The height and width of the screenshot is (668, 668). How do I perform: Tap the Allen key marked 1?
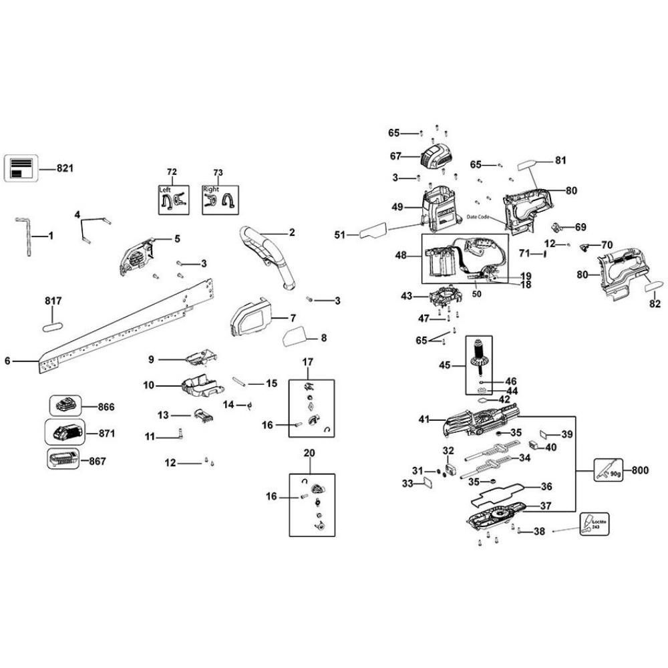pyautogui.click(x=25, y=236)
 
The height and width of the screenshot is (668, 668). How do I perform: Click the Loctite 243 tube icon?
pyautogui.click(x=591, y=524)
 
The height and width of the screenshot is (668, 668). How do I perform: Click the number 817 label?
pyautogui.click(x=53, y=301)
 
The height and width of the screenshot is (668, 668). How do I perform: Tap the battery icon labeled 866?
pyautogui.click(x=65, y=405)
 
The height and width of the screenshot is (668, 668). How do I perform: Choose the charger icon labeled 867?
pyautogui.click(x=64, y=460)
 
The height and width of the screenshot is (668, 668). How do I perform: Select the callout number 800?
pyautogui.click(x=640, y=470)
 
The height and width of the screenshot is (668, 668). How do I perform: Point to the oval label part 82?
pyautogui.click(x=652, y=285)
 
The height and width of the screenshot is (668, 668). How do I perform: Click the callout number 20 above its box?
pyautogui.click(x=309, y=453)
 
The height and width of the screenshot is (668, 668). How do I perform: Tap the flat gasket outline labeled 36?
pyautogui.click(x=498, y=493)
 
